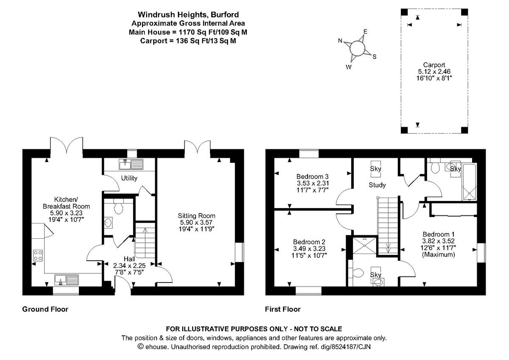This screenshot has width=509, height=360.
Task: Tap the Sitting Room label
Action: click(x=196, y=216)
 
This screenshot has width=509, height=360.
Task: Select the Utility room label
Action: click(x=129, y=178)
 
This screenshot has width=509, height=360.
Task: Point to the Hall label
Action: click(x=129, y=259)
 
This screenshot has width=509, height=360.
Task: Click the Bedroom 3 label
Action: click(x=313, y=176)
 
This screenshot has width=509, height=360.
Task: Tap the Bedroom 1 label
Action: click(x=439, y=234)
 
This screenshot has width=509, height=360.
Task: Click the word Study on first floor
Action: click(x=377, y=185)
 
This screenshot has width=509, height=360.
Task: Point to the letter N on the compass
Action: click(x=340, y=41)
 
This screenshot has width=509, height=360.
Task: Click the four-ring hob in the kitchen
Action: click(x=38, y=255)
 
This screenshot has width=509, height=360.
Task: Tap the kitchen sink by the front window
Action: click(x=67, y=279)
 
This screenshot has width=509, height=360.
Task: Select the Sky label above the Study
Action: click(x=376, y=169)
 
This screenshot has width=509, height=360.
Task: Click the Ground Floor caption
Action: click(x=45, y=309)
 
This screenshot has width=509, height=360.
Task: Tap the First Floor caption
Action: click(x=283, y=309)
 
